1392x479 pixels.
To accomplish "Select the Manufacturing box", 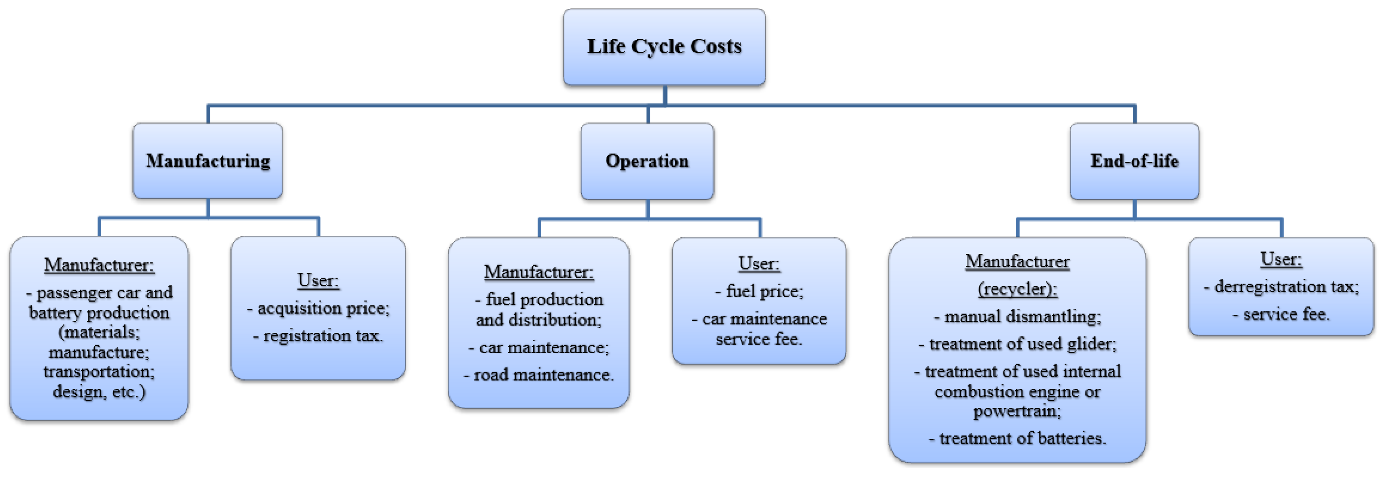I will (207, 160).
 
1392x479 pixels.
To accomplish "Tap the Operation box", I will (647, 160).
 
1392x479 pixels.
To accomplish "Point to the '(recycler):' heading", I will (1017, 289).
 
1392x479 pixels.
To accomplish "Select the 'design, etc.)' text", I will (99, 392).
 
